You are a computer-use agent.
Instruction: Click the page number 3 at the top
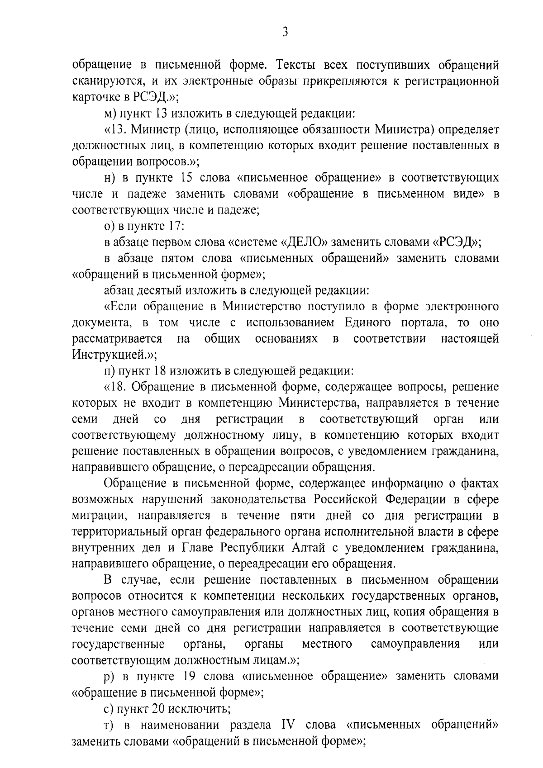(285, 33)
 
